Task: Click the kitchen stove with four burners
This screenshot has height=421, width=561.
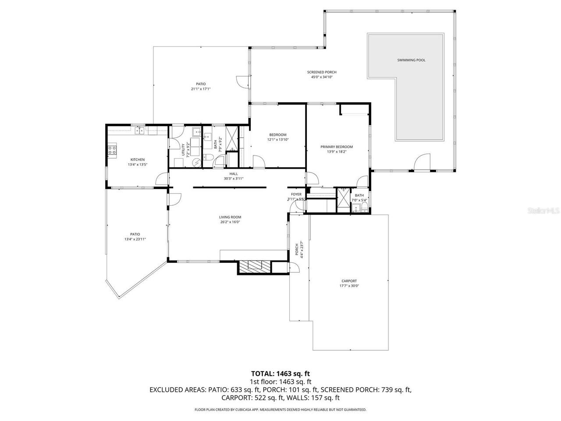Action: tap(112, 151)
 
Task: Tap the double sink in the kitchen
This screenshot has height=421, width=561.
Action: tap(140, 130)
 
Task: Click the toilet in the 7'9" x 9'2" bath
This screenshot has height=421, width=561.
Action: tap(209, 158)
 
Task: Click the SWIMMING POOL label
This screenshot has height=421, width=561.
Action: tap(411, 60)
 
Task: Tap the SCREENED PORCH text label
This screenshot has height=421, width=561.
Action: tap(322, 72)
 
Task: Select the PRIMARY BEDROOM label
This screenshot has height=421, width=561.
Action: tap(336, 147)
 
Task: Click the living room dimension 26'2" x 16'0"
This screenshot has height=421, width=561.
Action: tap(230, 222)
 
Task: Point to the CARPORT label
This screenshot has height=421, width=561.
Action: tap(349, 281)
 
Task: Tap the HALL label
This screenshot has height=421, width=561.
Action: tap(234, 174)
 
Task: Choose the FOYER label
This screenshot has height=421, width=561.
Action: tap(296, 194)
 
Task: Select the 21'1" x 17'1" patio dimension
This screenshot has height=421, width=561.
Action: tap(201, 89)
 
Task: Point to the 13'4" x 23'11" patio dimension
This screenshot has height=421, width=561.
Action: tap(135, 239)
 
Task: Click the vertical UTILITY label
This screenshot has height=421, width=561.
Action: tap(183, 150)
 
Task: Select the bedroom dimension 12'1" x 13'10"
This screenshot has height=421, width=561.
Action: tap(278, 139)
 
